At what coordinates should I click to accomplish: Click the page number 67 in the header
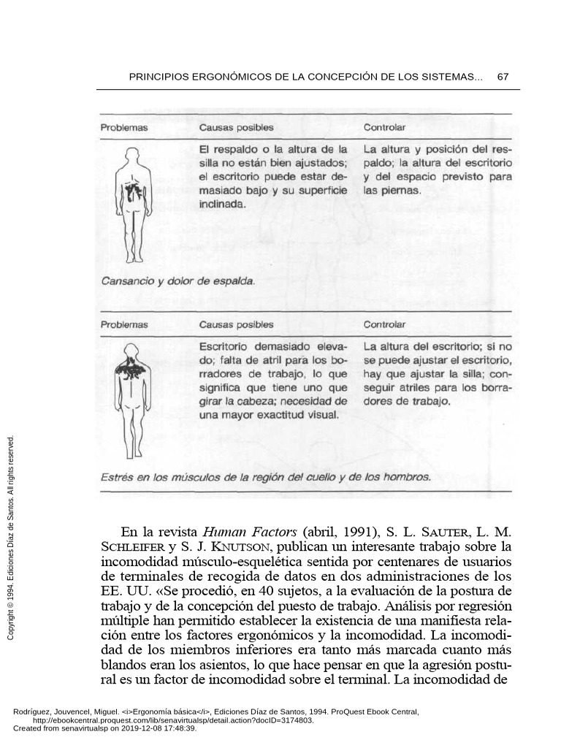pos(503,77)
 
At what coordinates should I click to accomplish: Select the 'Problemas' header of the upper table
pos(124,128)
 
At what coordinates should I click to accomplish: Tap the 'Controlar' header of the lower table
pos(384,324)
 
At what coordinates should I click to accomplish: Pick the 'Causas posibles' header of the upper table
pos(237,128)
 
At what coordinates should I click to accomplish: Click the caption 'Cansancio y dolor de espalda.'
pos(178,280)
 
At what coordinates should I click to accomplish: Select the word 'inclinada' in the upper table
pos(223,205)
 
